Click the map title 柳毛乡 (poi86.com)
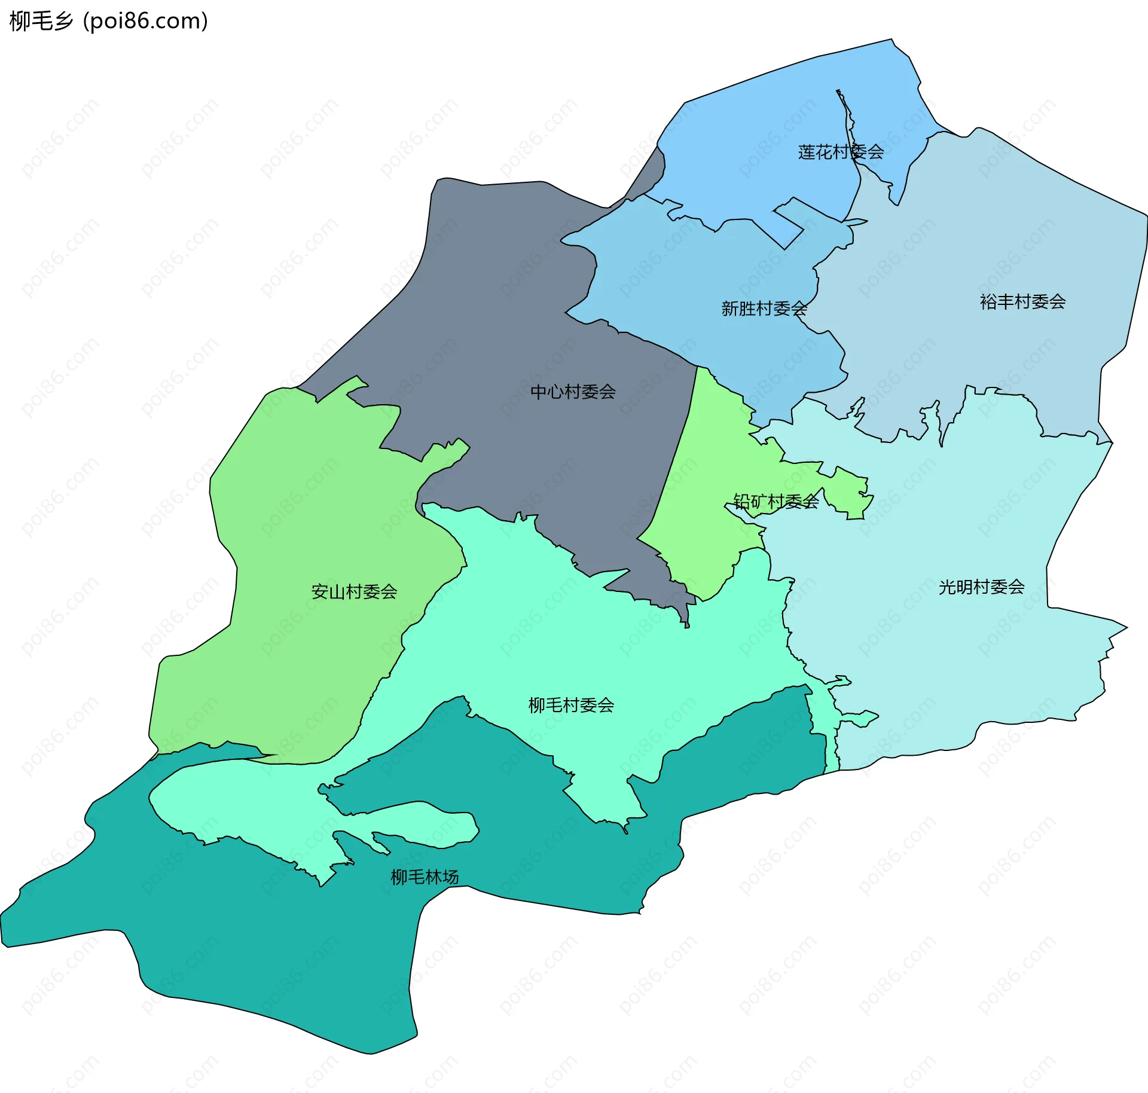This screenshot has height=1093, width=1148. click(x=109, y=21)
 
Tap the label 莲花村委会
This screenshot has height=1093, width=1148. click(x=841, y=152)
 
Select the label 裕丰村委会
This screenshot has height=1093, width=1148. click(x=1022, y=301)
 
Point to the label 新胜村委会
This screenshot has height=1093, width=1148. click(x=764, y=309)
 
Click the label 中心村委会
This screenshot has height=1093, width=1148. click(x=573, y=392)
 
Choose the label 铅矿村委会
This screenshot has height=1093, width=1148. click(x=776, y=501)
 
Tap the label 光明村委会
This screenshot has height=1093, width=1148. click(x=981, y=587)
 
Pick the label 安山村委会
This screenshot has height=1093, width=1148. click(x=354, y=591)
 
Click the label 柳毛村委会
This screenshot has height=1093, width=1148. click(x=571, y=705)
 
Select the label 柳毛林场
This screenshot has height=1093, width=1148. click(x=425, y=877)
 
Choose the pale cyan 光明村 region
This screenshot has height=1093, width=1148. click(x=957, y=658)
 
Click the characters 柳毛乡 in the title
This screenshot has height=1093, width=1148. click(x=41, y=21)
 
